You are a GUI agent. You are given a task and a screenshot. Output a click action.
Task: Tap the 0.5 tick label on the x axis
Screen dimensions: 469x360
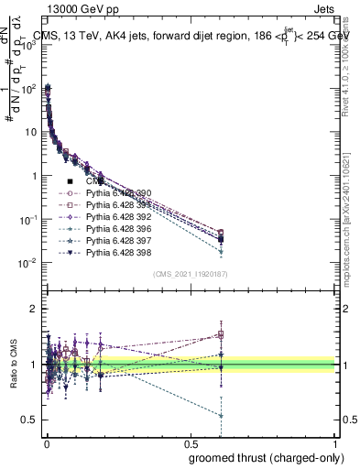[190, 443]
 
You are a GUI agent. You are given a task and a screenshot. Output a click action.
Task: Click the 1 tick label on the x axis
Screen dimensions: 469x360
[336, 443]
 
